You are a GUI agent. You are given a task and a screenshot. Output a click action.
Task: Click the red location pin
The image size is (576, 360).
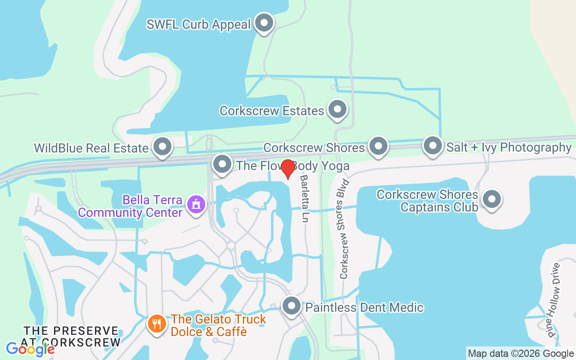pos(288,168)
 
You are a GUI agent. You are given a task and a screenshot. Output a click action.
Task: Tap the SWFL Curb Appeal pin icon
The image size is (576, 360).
pos(264,22)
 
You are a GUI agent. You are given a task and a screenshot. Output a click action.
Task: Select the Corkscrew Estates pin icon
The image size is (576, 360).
pos(337,109)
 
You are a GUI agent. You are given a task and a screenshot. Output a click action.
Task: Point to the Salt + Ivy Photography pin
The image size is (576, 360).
pos(432,146)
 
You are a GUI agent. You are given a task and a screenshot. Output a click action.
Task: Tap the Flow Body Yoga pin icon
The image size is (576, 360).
pos(222,165)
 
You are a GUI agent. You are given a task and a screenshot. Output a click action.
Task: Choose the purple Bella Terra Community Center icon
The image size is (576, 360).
pos(196,205)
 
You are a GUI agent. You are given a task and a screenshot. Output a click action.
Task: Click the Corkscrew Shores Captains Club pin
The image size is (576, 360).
pos(491,199)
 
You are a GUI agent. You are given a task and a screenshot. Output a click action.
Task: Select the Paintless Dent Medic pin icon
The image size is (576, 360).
pos(292,306)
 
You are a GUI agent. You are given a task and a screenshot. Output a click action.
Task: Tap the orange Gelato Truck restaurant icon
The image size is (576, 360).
pos(157,323)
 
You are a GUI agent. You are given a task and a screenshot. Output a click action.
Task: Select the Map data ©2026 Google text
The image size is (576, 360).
pos(521,354)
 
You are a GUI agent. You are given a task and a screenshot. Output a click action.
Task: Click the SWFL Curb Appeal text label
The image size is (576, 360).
pos(198,24)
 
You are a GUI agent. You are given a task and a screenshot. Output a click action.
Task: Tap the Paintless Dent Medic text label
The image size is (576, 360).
pos(364,307)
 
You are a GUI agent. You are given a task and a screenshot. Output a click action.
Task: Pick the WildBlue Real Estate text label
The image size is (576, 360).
pos(91,148)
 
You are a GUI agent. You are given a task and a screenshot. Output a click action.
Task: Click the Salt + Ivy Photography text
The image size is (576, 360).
pos(508,147)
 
